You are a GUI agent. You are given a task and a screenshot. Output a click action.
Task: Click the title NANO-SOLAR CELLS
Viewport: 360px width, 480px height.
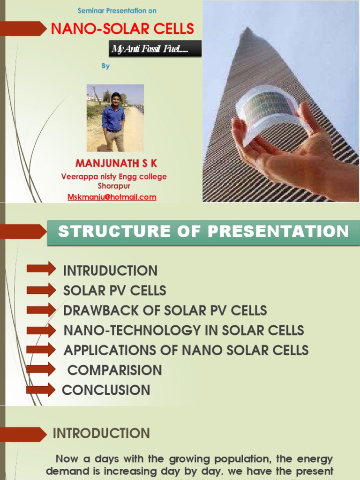122,29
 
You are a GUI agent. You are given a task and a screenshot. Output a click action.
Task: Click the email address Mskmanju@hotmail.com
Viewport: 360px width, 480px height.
112,197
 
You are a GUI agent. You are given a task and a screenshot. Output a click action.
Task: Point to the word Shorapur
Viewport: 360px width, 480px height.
113,186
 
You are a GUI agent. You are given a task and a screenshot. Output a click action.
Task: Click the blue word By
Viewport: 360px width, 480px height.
106,66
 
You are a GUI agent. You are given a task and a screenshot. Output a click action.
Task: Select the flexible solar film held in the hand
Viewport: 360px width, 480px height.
272,110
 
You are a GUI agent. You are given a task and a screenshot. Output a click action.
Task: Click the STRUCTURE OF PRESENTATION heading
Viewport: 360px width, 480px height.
203,231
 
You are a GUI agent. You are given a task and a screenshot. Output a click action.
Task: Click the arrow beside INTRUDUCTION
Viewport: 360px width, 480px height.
41,269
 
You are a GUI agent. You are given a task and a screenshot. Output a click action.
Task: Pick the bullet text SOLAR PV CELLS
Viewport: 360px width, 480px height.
114,291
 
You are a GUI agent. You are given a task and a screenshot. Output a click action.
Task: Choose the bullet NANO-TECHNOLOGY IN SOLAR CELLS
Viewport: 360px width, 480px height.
184,330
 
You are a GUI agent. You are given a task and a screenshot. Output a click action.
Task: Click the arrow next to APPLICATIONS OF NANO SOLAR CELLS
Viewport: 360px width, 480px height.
41,349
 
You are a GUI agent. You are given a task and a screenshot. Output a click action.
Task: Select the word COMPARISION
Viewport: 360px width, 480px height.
114,370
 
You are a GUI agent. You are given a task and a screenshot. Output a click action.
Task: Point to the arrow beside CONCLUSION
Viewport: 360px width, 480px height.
41,390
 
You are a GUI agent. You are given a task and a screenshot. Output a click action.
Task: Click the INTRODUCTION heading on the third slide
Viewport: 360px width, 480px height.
101,433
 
